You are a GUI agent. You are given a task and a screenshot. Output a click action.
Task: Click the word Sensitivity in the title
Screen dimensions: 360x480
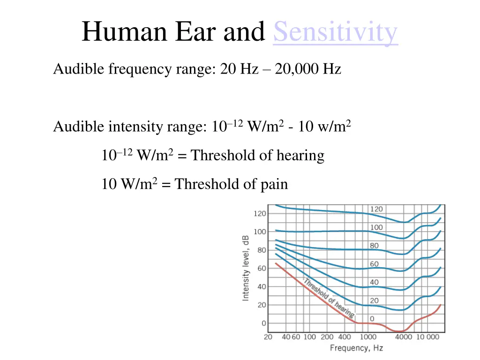335,32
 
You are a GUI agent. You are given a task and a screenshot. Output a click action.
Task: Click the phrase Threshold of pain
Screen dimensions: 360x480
232,184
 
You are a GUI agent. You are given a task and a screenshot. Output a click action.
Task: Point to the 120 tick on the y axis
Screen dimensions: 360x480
260,213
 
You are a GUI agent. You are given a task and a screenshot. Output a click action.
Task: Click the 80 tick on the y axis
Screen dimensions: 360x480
261,250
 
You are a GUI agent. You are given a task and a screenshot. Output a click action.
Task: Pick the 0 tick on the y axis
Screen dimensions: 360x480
263,323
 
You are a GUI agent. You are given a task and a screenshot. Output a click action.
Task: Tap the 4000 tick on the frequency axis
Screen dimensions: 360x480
404,337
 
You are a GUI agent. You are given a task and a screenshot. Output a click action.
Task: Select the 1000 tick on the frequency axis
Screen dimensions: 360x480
368,337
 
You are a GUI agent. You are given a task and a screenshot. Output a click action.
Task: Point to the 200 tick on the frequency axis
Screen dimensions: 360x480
327,337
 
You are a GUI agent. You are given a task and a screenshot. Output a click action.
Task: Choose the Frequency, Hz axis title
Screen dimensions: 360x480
356,348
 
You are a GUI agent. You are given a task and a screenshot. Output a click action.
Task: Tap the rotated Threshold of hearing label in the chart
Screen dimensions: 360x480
329,298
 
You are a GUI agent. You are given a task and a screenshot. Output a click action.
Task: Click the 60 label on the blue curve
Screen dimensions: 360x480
374,264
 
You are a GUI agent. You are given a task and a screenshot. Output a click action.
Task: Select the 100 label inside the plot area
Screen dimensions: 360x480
376,227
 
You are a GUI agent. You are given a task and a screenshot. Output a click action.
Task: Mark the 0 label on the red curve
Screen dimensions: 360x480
372,319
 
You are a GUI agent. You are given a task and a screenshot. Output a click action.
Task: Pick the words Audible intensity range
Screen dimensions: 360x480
129,127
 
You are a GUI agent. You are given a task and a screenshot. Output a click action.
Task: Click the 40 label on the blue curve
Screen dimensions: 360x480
374,282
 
